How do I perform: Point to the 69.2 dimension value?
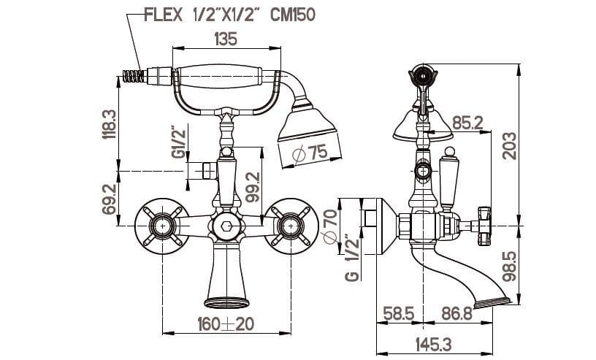[107, 199]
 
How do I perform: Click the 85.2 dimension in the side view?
[467, 123]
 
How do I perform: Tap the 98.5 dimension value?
[509, 266]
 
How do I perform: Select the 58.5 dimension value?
[398, 315]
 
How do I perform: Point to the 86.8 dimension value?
[459, 315]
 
